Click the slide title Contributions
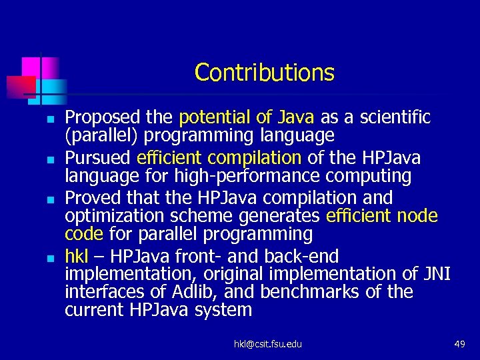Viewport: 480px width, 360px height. click(264, 72)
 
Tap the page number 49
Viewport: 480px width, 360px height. click(459, 344)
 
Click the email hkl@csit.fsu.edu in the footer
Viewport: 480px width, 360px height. click(267, 344)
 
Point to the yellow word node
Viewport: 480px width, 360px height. click(419, 216)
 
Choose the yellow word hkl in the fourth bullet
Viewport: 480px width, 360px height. click(76, 256)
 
